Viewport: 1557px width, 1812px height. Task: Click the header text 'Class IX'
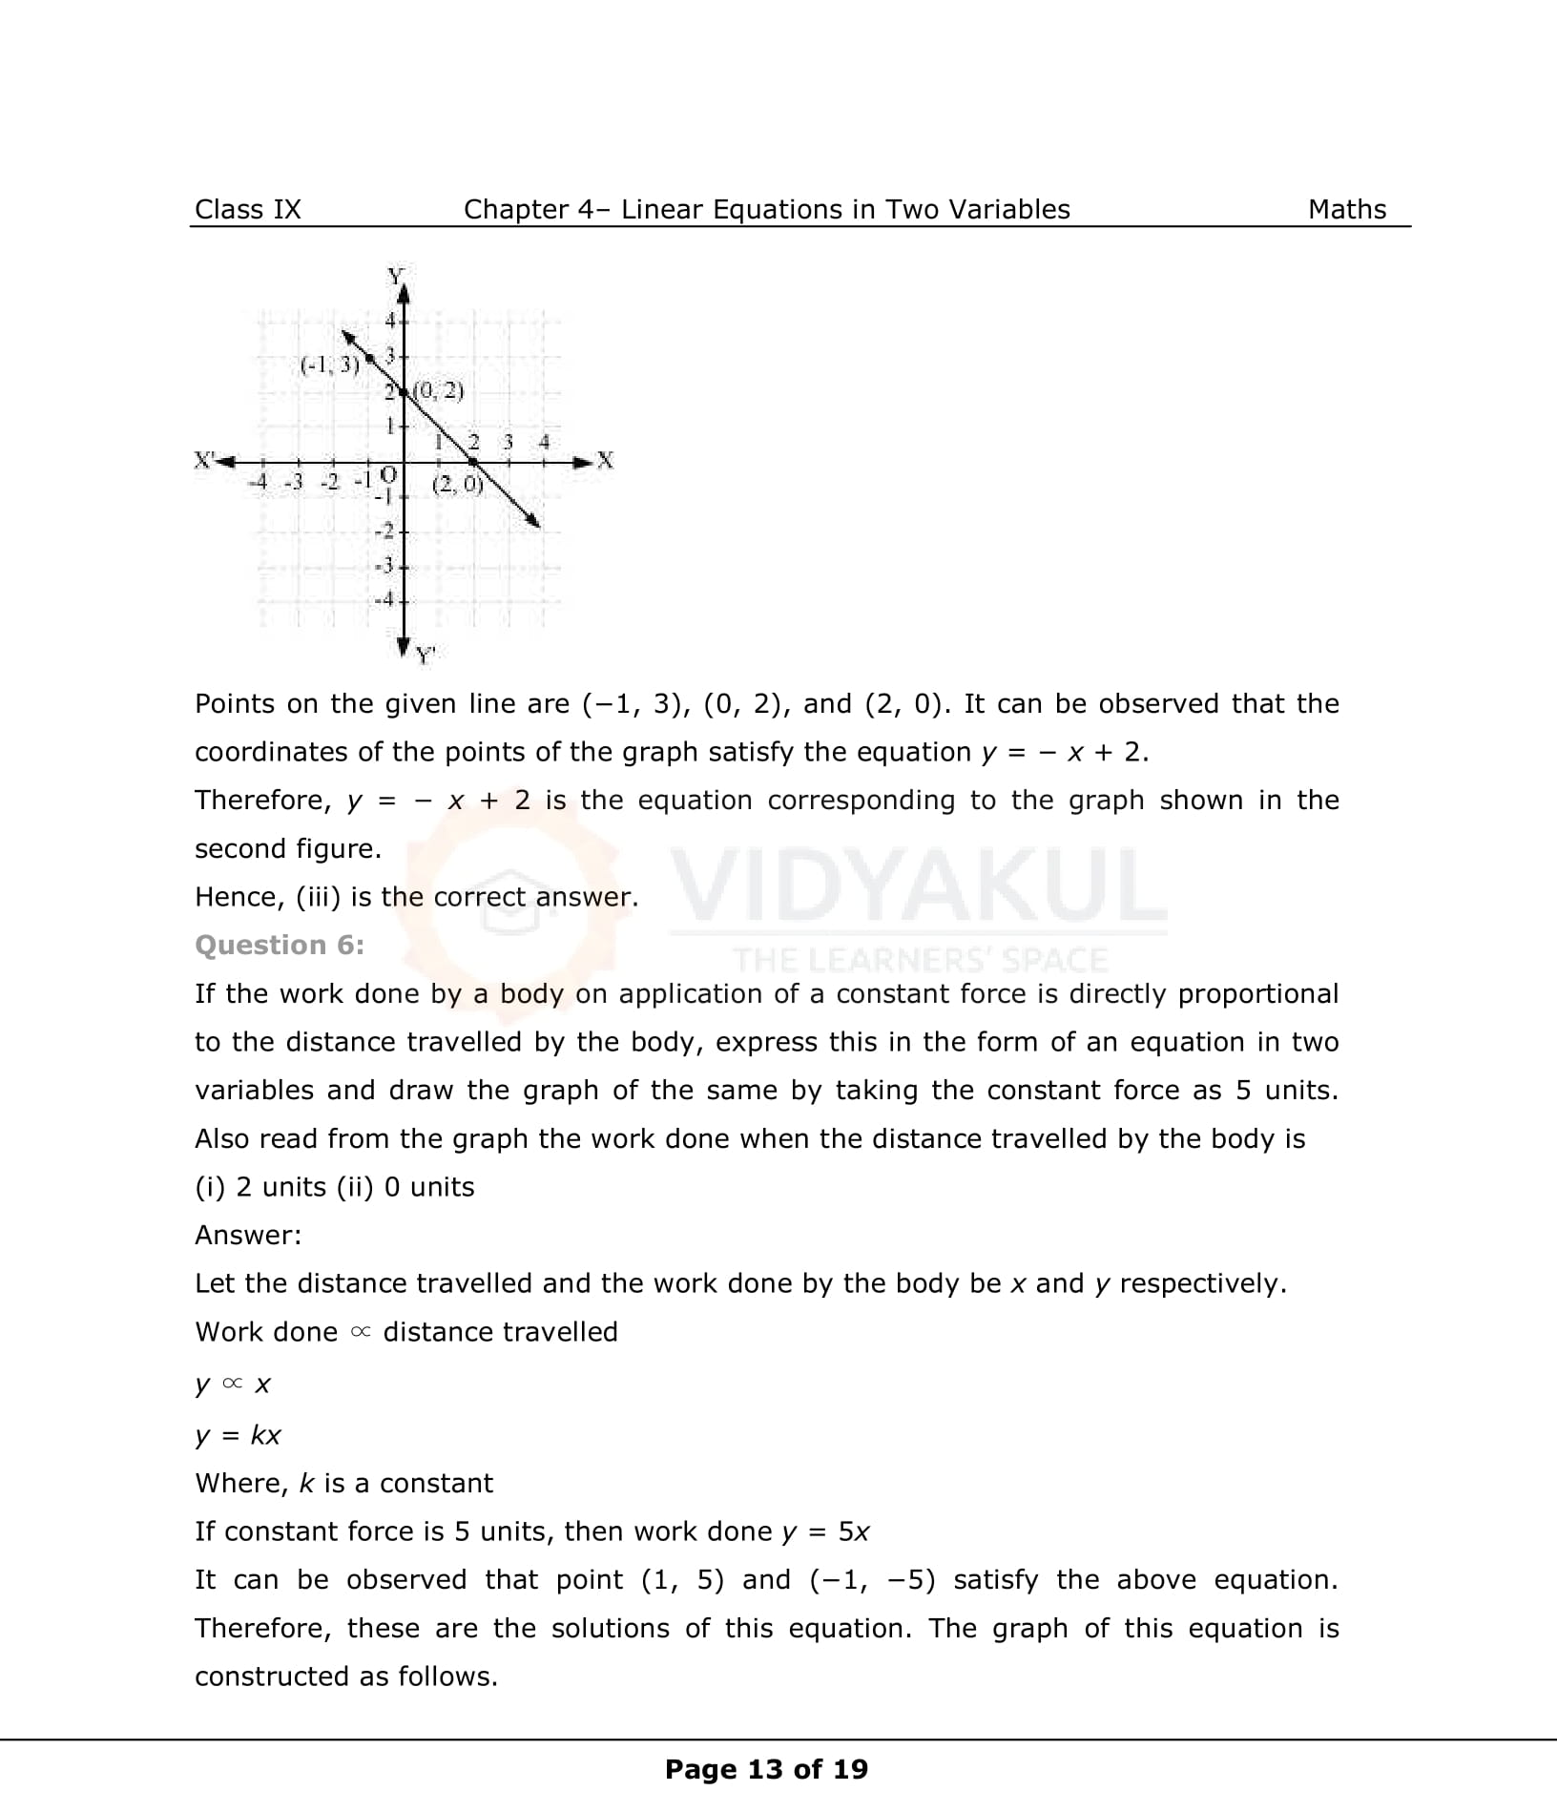[x=247, y=210]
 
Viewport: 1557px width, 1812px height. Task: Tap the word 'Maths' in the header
[x=1346, y=210]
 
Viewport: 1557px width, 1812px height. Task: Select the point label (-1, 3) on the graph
[x=330, y=364]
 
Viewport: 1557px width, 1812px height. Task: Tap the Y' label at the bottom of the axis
[x=426, y=656]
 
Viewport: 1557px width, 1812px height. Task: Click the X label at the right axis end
[x=605, y=461]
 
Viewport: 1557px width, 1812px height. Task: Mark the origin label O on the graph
[x=388, y=473]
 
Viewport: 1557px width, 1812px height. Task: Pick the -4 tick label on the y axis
[x=384, y=600]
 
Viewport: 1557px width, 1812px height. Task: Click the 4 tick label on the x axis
[x=544, y=442]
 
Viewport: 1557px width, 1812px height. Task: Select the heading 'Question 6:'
[x=280, y=945]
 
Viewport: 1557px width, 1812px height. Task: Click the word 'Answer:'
[x=248, y=1235]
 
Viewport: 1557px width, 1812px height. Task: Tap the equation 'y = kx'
[x=238, y=1435]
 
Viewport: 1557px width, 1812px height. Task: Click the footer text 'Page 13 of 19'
[x=766, y=1769]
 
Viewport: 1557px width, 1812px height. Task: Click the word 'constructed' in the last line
[x=273, y=1677]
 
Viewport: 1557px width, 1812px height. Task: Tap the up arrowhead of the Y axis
[x=403, y=292]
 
